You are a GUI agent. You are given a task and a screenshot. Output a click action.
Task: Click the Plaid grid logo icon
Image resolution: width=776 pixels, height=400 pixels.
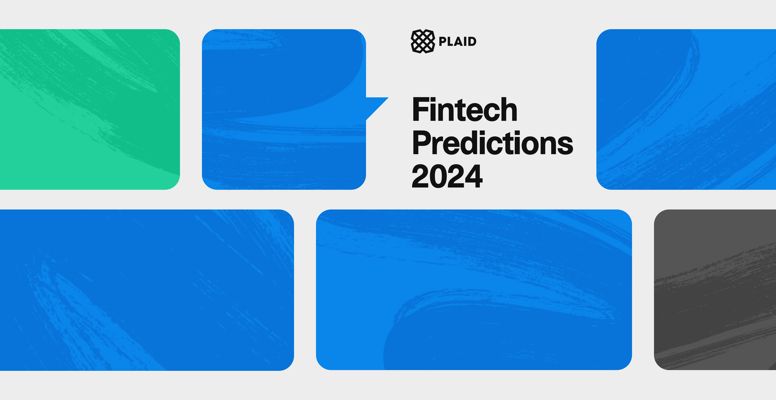tap(423, 41)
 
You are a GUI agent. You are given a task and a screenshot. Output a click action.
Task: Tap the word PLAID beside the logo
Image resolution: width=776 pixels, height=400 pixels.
tap(457, 41)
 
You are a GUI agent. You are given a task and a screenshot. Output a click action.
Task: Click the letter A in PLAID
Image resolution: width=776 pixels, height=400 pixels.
tap(457, 41)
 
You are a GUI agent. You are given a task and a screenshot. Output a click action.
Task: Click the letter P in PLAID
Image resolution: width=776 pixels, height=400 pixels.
tap(443, 41)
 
